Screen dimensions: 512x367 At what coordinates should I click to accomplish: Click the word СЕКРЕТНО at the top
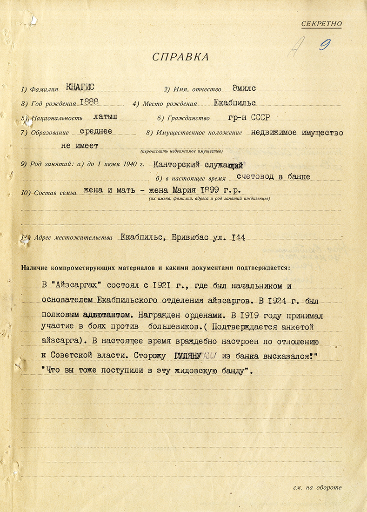pyautogui.click(x=321, y=24)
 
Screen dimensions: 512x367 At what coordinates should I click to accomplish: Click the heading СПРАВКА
pyautogui.click(x=180, y=57)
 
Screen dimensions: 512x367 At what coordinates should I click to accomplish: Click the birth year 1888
pyautogui.click(x=90, y=102)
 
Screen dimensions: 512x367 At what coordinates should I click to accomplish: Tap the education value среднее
pyautogui.click(x=96, y=132)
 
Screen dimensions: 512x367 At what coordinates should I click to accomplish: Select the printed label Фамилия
pyautogui.click(x=43, y=89)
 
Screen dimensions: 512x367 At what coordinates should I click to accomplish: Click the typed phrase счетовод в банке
pyautogui.click(x=273, y=177)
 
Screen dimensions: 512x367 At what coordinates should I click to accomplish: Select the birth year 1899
pyautogui.click(x=212, y=190)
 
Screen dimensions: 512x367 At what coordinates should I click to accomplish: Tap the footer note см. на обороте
pyautogui.click(x=317, y=487)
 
